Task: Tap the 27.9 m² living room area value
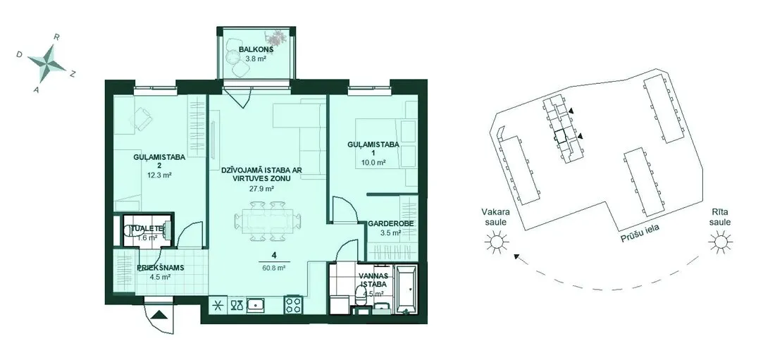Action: point(262,189)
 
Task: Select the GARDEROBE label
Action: point(390,224)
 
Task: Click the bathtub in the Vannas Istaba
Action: point(407,290)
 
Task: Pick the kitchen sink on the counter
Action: point(255,304)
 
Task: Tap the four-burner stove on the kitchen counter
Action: point(293,304)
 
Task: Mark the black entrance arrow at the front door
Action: point(160,314)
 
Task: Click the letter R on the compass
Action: point(57,37)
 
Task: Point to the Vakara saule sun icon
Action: point(497,243)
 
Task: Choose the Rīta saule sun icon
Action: point(720,243)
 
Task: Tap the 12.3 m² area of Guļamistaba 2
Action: point(160,175)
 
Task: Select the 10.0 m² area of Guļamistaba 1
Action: point(373,163)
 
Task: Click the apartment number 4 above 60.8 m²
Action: point(273,256)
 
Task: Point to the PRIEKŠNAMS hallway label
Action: point(160,268)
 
